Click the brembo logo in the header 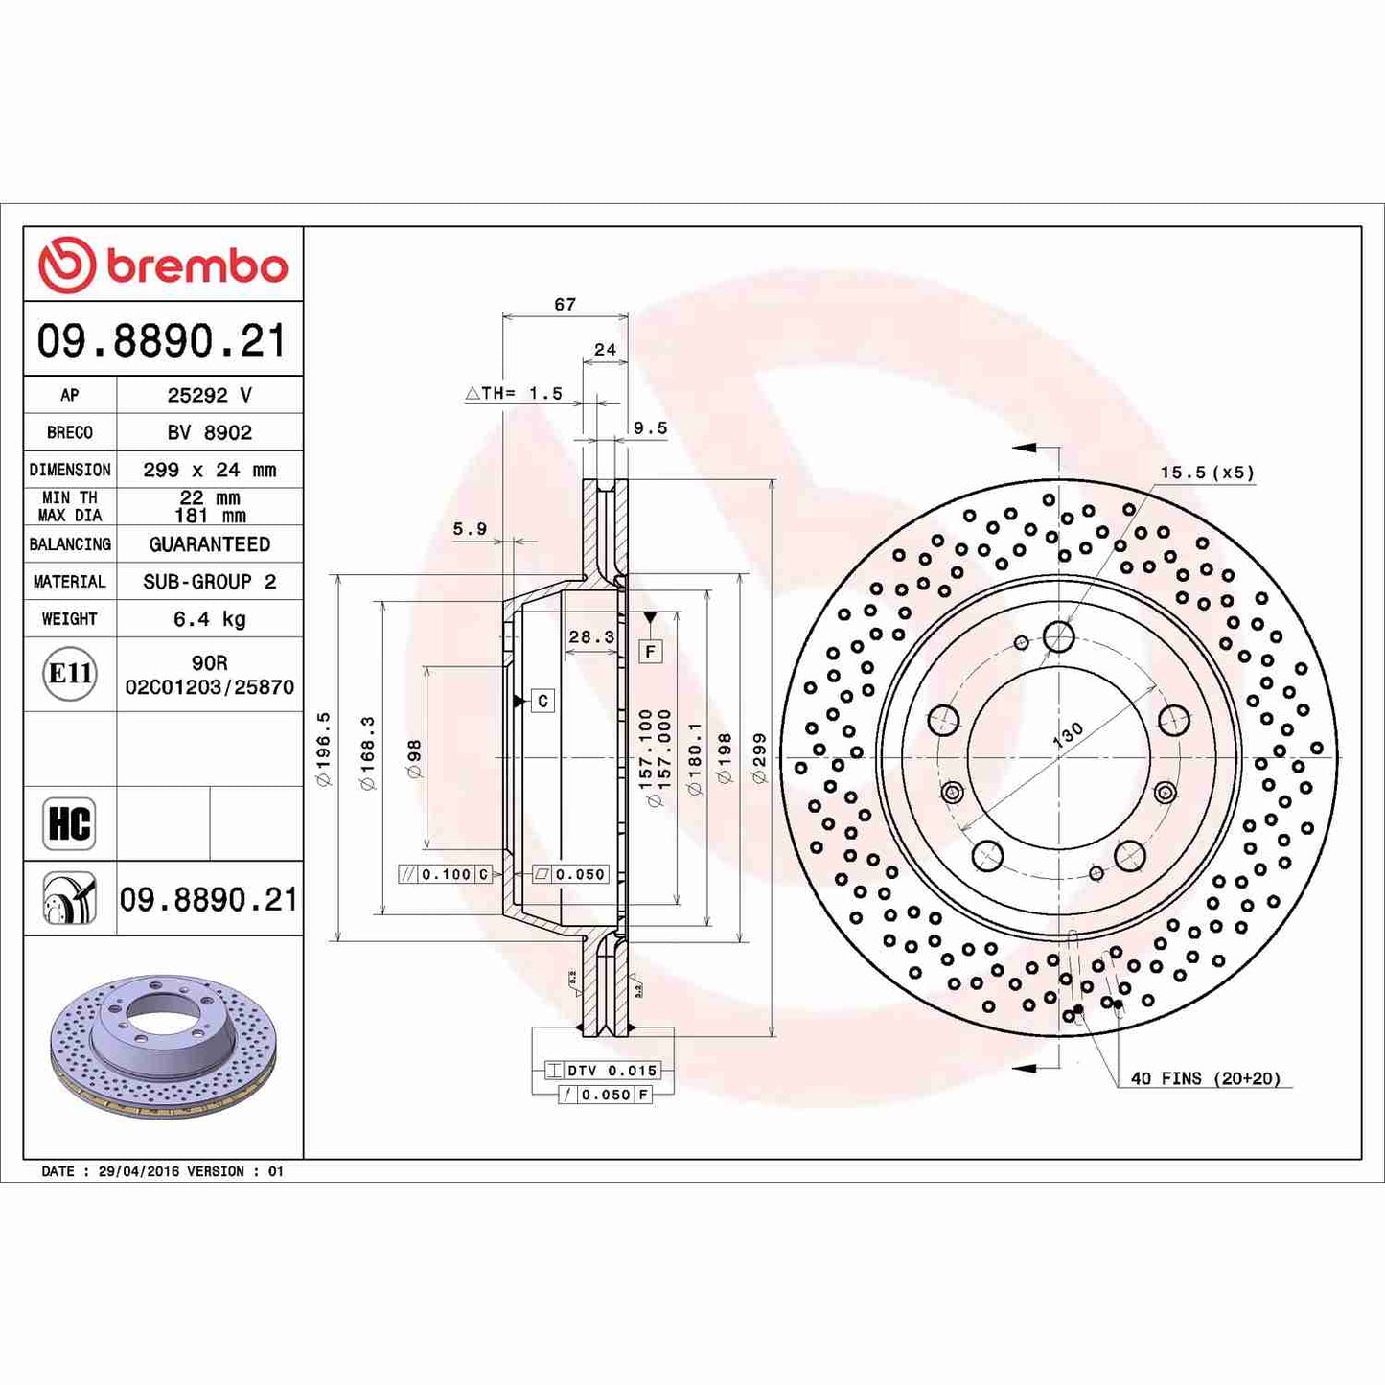[x=163, y=265]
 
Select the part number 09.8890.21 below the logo [x=162, y=341]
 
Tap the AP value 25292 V [x=209, y=395]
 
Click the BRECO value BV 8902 [x=209, y=432]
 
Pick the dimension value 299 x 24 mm [x=209, y=470]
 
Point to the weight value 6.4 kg [x=209, y=619]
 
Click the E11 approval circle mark [x=70, y=674]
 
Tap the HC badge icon [x=69, y=823]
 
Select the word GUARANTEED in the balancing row [x=209, y=544]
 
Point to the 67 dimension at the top [x=566, y=304]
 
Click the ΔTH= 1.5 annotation [x=514, y=393]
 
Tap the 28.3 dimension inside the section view [x=591, y=636]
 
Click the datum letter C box [x=542, y=701]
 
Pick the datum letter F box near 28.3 [x=650, y=652]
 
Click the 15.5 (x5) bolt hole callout [x=1207, y=473]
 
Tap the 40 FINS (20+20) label [x=1205, y=1078]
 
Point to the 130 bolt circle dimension [x=1068, y=734]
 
